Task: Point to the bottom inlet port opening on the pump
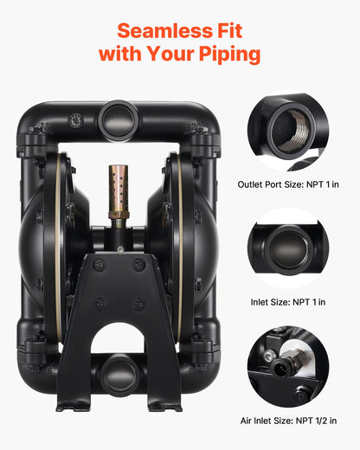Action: click(119, 373)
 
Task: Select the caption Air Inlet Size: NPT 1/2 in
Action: click(287, 421)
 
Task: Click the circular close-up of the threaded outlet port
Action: click(287, 132)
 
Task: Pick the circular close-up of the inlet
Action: click(287, 248)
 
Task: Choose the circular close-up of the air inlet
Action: click(287, 367)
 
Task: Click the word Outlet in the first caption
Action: click(252, 184)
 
